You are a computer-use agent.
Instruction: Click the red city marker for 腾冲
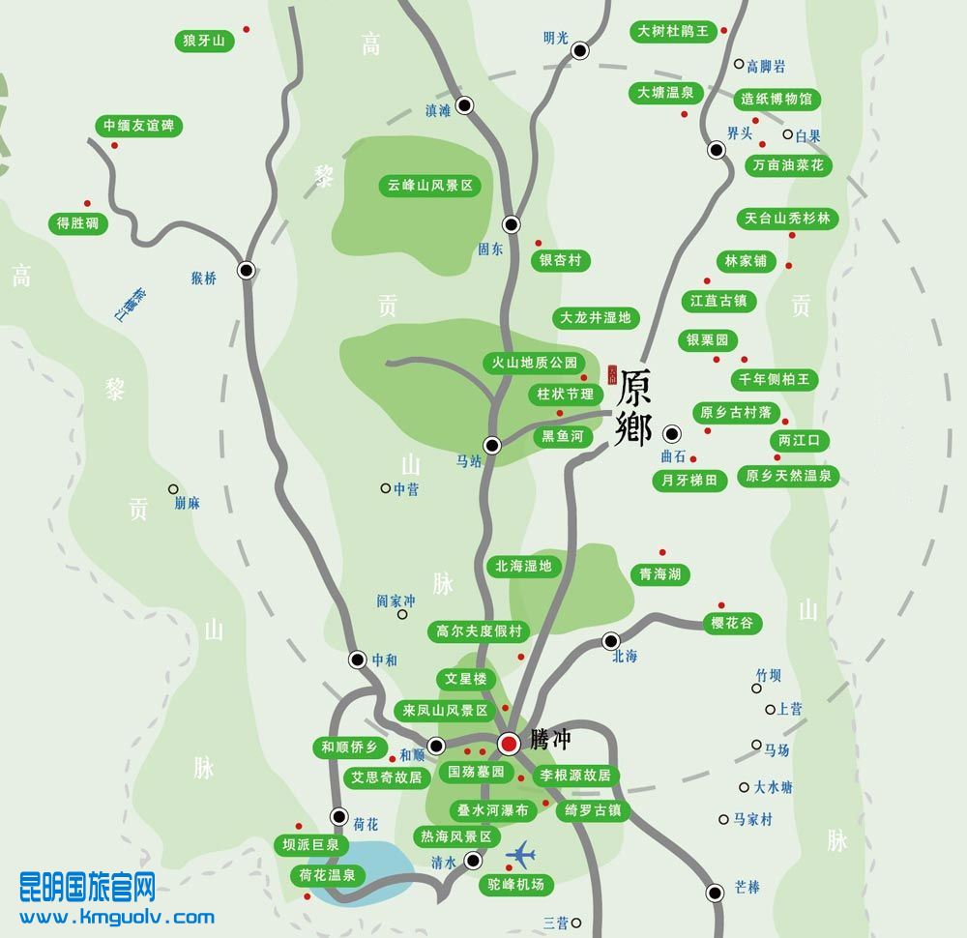tap(509, 743)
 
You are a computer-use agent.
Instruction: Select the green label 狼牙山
tap(204, 41)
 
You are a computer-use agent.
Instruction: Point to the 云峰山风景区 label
tap(428, 186)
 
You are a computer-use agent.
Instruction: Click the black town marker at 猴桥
tap(247, 271)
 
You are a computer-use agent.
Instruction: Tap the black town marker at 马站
tap(492, 445)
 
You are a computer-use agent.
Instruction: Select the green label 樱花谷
tap(731, 624)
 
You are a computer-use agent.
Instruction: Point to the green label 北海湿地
tap(523, 566)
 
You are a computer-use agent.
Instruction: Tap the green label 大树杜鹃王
tap(673, 32)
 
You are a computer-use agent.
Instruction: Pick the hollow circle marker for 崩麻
tap(173, 489)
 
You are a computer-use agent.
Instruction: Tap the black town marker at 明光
tap(580, 50)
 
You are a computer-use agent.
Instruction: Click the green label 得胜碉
tap(78, 223)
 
